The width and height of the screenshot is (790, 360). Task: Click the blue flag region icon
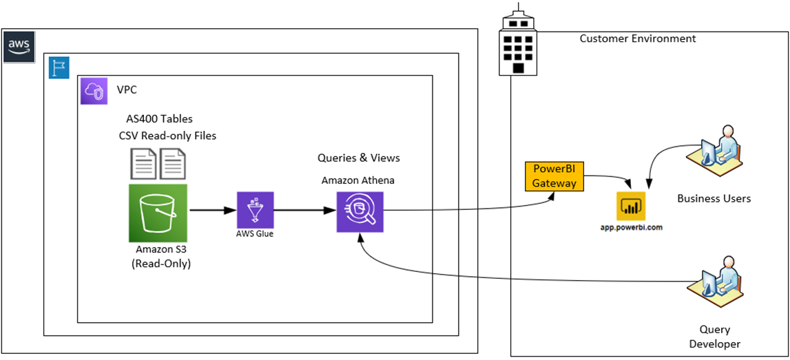(x=59, y=67)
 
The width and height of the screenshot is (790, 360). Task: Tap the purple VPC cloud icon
(x=94, y=91)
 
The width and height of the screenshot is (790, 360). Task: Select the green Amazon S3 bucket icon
(x=158, y=213)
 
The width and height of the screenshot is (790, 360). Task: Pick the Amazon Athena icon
(x=360, y=212)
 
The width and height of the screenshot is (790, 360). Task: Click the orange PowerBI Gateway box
(x=554, y=176)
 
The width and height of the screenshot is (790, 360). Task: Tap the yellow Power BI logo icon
(x=630, y=207)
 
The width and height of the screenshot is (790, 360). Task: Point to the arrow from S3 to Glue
(x=212, y=210)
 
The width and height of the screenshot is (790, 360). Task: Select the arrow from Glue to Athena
(x=305, y=210)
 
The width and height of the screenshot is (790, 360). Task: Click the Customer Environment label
(x=638, y=39)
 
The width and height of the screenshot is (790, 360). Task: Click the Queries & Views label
(x=359, y=158)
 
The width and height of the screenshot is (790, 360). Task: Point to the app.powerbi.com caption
(x=631, y=228)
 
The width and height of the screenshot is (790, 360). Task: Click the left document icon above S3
(x=144, y=164)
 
